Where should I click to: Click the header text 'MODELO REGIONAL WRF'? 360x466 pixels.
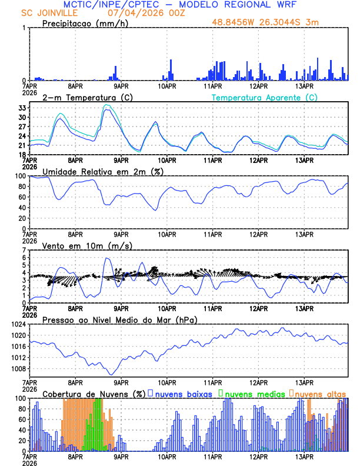241,4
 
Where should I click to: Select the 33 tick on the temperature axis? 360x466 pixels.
22,108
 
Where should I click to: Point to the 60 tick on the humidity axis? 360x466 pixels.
22,197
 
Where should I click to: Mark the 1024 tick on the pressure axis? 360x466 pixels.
18,324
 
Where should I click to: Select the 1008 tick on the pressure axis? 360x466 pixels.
18,369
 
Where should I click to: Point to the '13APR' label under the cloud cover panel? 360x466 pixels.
304,456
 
